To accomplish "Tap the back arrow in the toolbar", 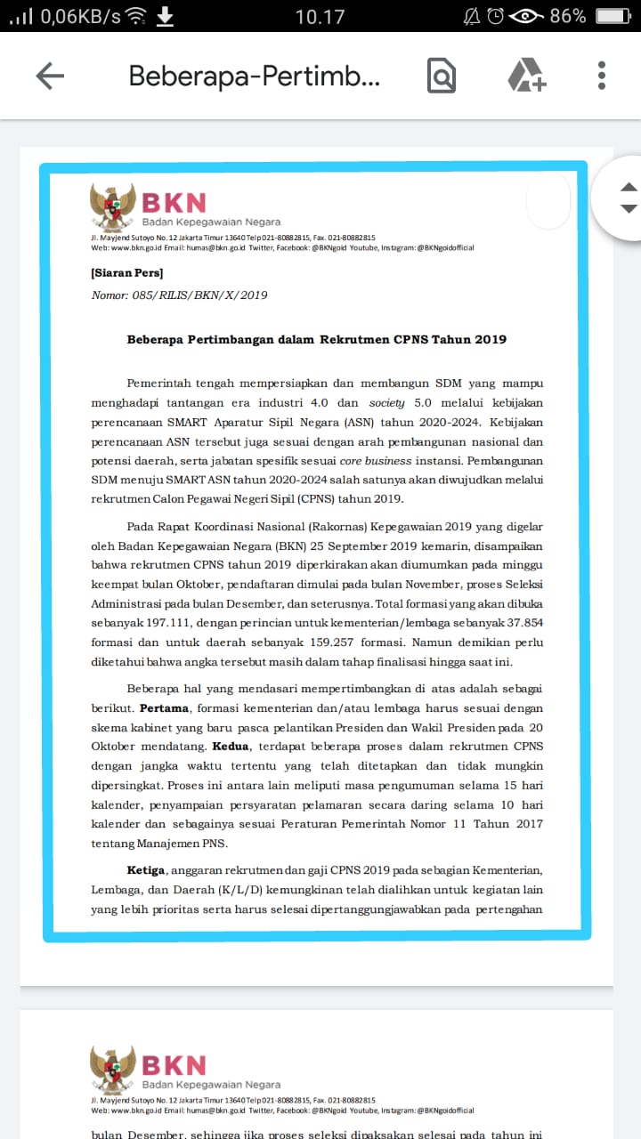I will pyautogui.click(x=50, y=76).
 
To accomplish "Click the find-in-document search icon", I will pyautogui.click(x=441, y=76).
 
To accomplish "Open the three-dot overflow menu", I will pyautogui.click(x=602, y=76).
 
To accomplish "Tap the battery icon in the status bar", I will pyautogui.click(x=613, y=16).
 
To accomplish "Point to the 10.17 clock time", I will pyautogui.click(x=320, y=16).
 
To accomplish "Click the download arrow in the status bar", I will pyautogui.click(x=165, y=16).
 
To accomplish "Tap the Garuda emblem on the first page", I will pyautogui.click(x=112, y=207).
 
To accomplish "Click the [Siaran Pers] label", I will pyautogui.click(x=126, y=273).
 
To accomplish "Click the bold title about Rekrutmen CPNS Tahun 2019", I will pyautogui.click(x=316, y=339).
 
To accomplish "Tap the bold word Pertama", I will pyautogui.click(x=165, y=708).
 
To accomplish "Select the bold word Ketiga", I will pyautogui.click(x=146, y=869).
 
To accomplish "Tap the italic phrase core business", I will pyautogui.click(x=376, y=461).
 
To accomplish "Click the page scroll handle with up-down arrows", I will pyautogui.click(x=628, y=198).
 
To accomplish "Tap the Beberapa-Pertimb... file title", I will pyautogui.click(x=255, y=76).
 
